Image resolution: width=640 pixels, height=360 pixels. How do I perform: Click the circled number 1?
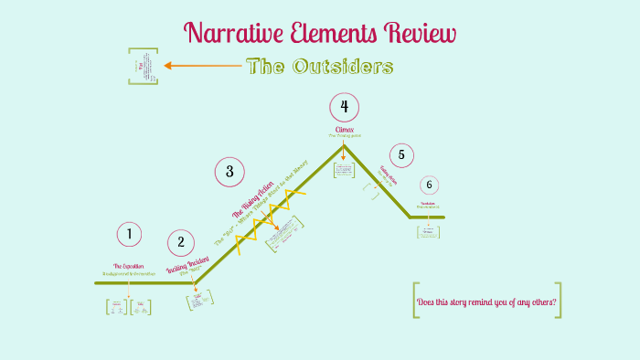(x=130, y=234)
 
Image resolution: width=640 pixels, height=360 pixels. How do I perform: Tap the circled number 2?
(x=181, y=242)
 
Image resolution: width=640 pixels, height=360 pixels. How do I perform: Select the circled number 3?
(x=229, y=171)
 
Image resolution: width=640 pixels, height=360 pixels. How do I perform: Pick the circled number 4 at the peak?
(x=344, y=107)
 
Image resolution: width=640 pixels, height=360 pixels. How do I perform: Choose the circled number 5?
(x=400, y=154)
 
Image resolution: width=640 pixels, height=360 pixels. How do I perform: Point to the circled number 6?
(x=429, y=185)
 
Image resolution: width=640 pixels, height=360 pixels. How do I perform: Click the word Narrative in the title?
(x=230, y=34)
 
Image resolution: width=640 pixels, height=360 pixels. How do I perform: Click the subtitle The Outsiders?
(x=319, y=67)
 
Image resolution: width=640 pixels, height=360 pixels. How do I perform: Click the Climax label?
(x=344, y=130)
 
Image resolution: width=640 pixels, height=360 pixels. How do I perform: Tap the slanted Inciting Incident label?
(x=187, y=265)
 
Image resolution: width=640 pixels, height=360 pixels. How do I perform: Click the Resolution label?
(x=428, y=203)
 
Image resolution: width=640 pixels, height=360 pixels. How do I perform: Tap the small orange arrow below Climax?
(x=344, y=154)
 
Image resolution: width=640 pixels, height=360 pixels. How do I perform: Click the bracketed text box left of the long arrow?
(x=144, y=66)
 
